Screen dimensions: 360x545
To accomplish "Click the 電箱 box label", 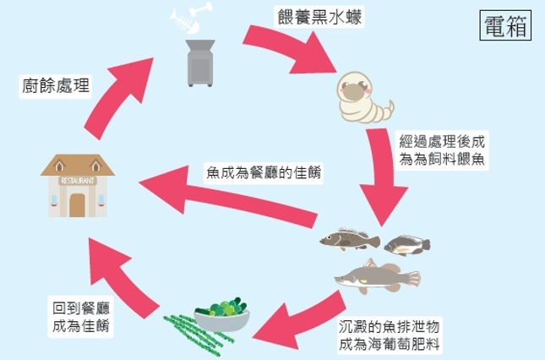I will point(505,25).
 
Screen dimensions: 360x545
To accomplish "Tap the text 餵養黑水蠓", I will point(319,18).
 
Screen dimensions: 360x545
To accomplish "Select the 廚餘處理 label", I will point(56,84).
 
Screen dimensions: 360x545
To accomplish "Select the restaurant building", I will point(77,186).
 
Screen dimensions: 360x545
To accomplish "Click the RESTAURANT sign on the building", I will point(77,180).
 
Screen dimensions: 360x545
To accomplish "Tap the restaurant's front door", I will point(77,205).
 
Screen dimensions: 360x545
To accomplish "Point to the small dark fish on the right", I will point(406,245).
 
